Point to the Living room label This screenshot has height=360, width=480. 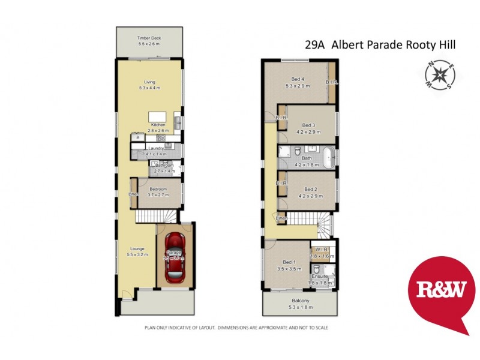click(149, 83)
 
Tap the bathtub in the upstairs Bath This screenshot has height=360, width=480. click(328, 158)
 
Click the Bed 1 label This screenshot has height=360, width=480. click(289, 262)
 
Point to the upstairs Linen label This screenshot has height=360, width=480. click(281, 218)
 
